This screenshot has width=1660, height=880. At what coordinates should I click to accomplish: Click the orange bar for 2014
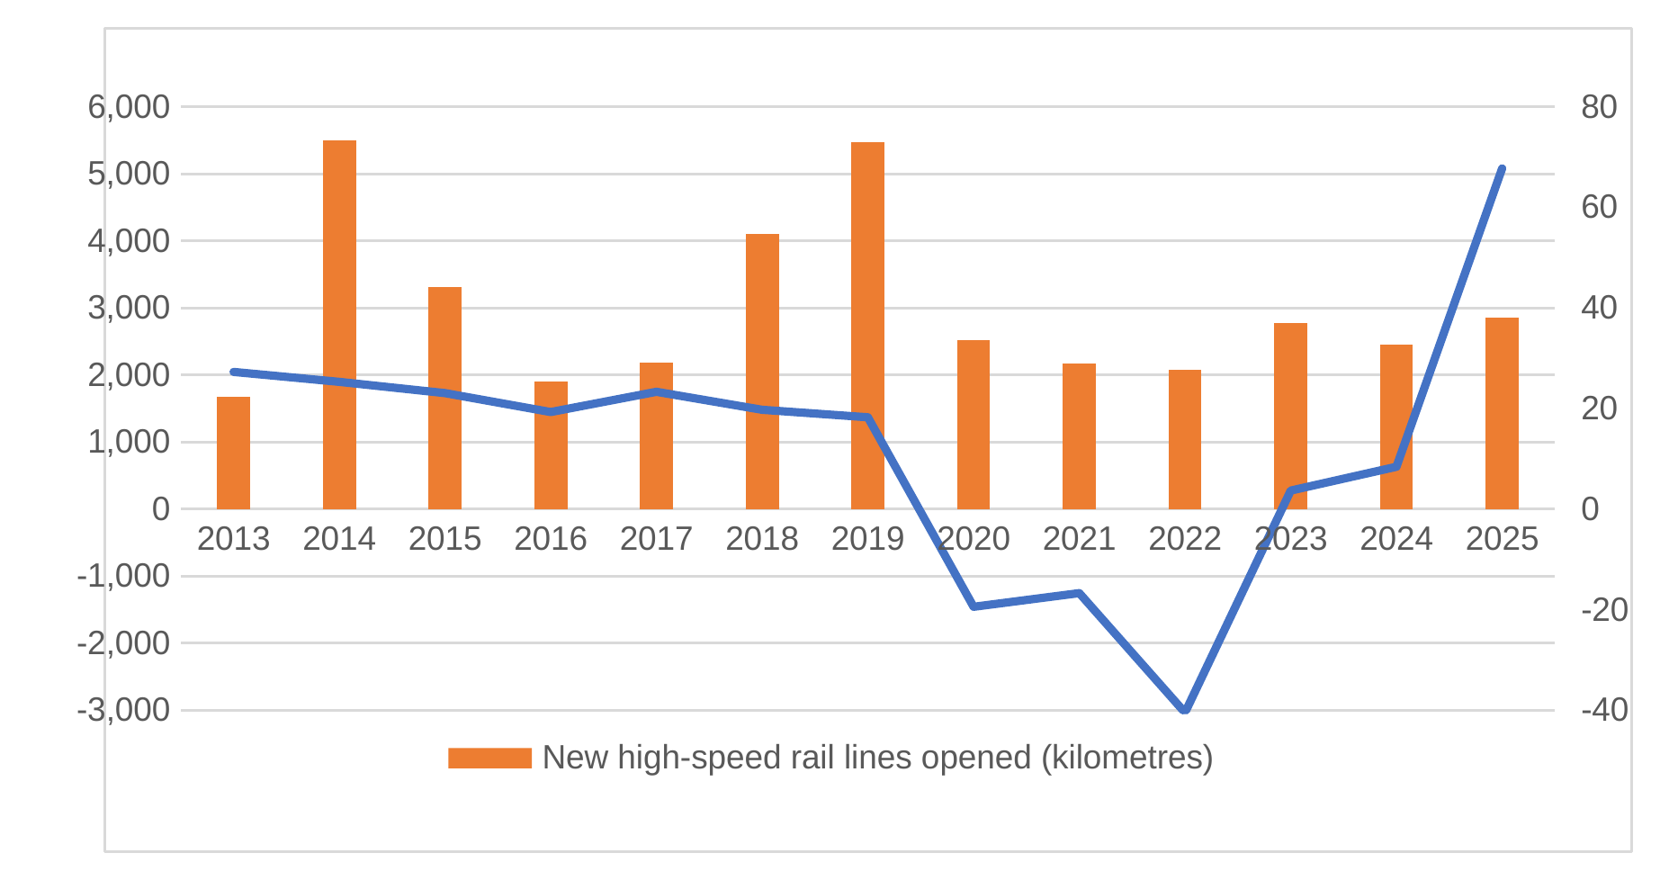pyautogui.click(x=339, y=325)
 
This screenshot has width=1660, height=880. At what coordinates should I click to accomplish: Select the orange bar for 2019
pyautogui.click(x=867, y=326)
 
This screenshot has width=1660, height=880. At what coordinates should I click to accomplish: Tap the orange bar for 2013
pyautogui.click(x=233, y=453)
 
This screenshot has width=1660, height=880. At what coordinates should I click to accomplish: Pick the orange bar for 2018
pyautogui.click(x=762, y=372)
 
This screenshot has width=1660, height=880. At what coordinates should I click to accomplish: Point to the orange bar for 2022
pyautogui.click(x=1185, y=439)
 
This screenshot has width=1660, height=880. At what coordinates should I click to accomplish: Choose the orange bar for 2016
pyautogui.click(x=551, y=445)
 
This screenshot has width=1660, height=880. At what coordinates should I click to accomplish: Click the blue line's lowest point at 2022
pyautogui.click(x=1185, y=710)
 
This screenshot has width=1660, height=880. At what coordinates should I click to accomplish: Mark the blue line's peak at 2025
pyautogui.click(x=1502, y=168)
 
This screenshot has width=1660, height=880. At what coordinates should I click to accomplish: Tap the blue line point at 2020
pyautogui.click(x=974, y=606)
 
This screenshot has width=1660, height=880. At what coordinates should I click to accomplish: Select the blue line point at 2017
pyautogui.click(x=657, y=391)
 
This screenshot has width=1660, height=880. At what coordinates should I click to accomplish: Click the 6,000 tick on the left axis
pyautogui.click(x=129, y=107)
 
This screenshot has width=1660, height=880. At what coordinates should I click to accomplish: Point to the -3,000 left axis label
pyautogui.click(x=123, y=710)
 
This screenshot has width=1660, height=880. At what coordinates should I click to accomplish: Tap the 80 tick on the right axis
pyautogui.click(x=1599, y=107)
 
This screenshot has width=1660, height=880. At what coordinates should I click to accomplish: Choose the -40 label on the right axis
pyautogui.click(x=1604, y=710)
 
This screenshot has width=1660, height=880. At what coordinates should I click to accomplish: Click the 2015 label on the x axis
pyautogui.click(x=444, y=539)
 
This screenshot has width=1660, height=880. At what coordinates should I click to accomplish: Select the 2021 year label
pyautogui.click(x=1079, y=539)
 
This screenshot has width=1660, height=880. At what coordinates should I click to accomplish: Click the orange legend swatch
pyautogui.click(x=490, y=758)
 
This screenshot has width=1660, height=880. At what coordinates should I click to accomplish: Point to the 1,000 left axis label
pyautogui.click(x=129, y=442)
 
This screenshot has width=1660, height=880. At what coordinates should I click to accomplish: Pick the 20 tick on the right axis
pyautogui.click(x=1599, y=409)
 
